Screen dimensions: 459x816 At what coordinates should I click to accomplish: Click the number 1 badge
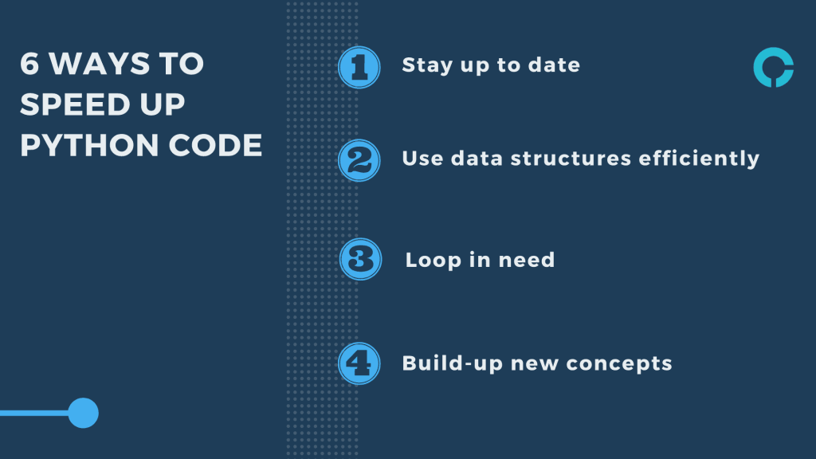click(359, 67)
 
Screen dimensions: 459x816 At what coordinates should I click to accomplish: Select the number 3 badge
click(359, 260)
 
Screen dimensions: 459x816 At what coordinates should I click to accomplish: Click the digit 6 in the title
click(29, 65)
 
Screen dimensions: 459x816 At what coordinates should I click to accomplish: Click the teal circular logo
click(773, 68)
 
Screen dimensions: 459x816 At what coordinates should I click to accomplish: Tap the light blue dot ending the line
click(83, 413)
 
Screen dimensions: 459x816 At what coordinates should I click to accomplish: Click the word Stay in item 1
click(427, 65)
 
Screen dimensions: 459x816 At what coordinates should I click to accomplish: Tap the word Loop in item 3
click(431, 261)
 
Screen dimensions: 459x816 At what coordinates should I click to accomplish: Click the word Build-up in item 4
click(452, 364)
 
